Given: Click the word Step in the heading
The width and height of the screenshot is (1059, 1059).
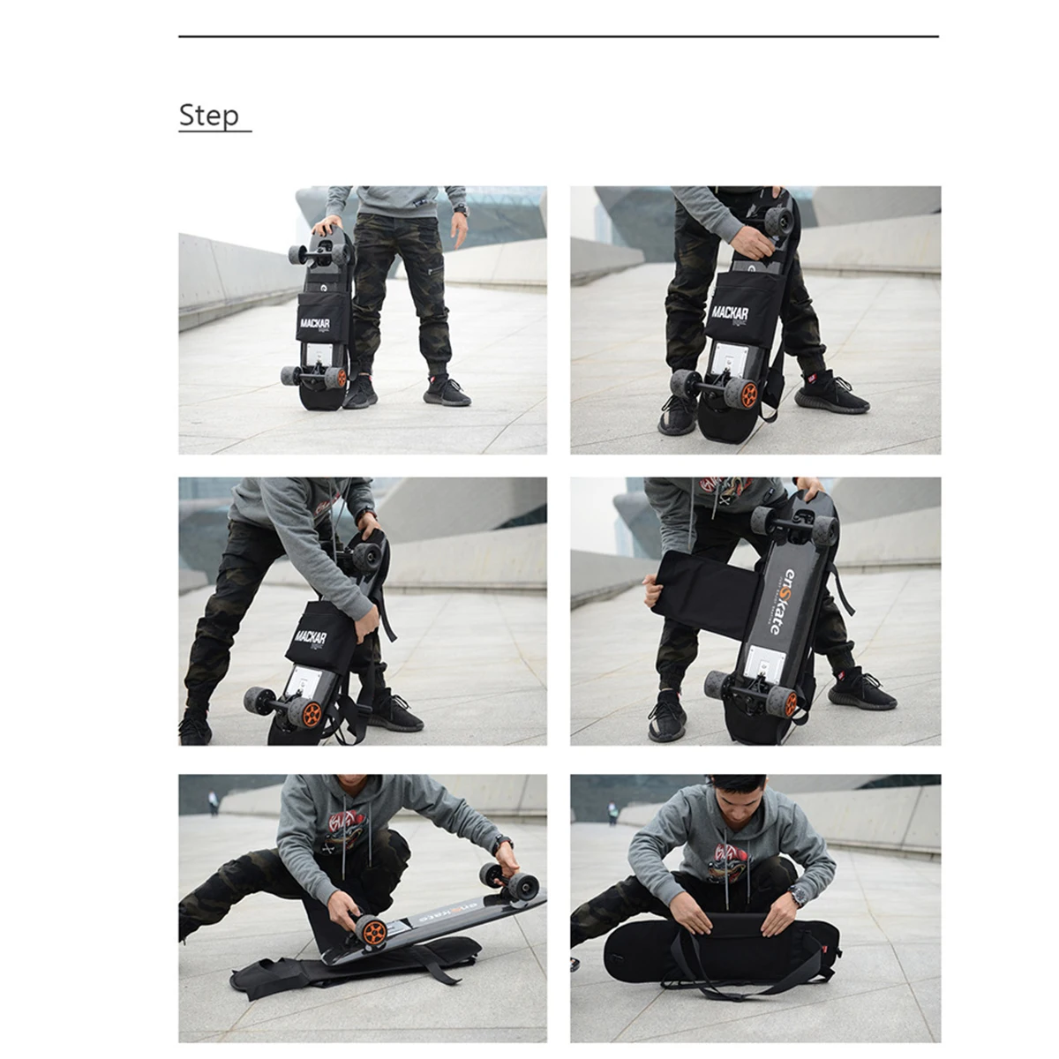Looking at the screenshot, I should tap(208, 115).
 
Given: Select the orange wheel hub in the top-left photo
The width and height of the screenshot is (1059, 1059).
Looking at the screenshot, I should tap(335, 378).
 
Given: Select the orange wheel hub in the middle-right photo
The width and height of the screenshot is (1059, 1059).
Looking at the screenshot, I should tap(788, 702).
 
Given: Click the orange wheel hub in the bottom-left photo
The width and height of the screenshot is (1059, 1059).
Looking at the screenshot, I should tap(374, 930).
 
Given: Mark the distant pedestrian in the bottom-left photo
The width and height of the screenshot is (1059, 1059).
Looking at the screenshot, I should tap(213, 801).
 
